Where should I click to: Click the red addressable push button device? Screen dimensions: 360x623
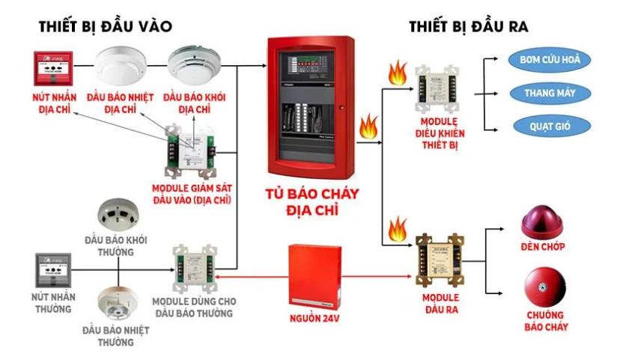52,70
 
